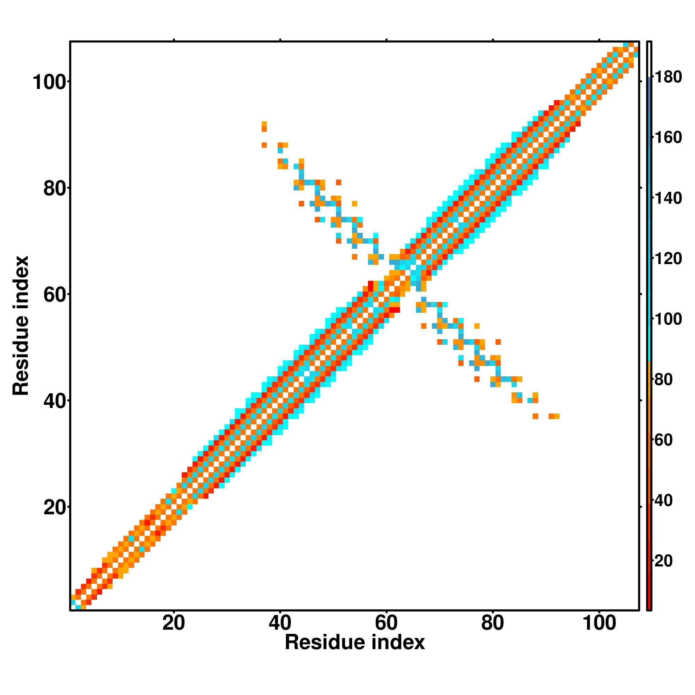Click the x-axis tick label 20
[173, 623]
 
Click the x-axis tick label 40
[280, 623]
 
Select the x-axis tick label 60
[386, 623]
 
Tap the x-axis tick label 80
[492, 623]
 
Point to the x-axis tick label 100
[599, 623]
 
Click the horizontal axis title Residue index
[355, 652]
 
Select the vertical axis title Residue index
[21, 326]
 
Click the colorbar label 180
[668, 77]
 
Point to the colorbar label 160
[668, 138]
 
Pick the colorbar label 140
[668, 198]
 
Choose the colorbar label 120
[668, 259]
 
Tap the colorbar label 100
[668, 319]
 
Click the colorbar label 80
[663, 380]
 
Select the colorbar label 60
[663, 440]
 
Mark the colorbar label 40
[663, 501]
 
